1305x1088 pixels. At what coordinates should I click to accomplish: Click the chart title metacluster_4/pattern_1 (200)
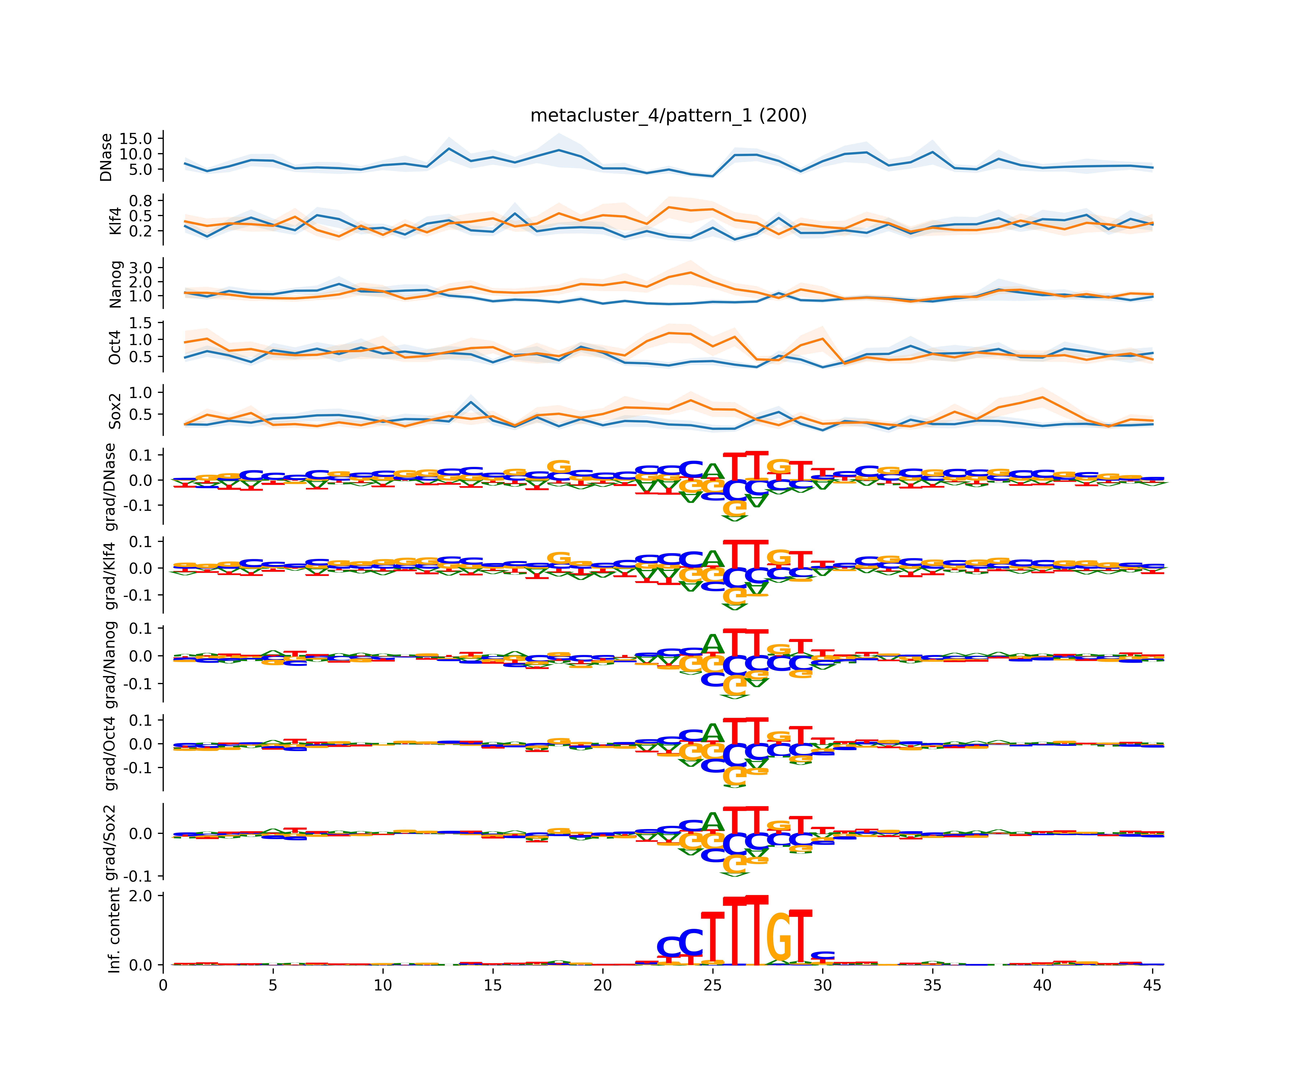[668, 116]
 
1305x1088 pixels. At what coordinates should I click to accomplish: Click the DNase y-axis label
[106, 157]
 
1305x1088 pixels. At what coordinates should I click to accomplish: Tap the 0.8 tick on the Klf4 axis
[140, 200]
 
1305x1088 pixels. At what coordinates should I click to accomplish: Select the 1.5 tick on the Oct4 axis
[140, 323]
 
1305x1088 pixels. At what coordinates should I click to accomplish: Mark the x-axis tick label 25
[713, 985]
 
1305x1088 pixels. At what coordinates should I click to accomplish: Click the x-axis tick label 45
[1152, 985]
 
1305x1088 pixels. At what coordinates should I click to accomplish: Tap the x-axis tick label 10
[383, 985]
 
